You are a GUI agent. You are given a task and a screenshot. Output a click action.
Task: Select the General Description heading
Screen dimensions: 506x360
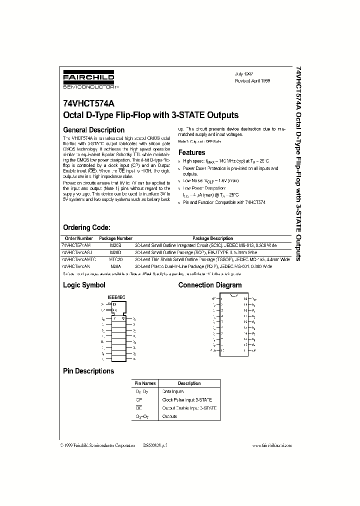[x=93, y=130]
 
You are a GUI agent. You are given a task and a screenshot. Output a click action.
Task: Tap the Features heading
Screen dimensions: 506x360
[x=192, y=152]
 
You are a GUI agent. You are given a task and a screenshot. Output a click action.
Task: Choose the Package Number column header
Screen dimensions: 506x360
[x=115, y=238]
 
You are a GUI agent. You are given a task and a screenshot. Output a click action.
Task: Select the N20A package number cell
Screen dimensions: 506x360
[x=115, y=267]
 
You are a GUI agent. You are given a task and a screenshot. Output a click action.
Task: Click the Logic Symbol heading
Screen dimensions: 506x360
[x=84, y=285]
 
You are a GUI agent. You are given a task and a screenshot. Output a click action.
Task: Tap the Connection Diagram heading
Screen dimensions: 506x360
[x=210, y=285]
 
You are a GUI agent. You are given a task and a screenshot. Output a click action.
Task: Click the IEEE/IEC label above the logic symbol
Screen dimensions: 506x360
[x=117, y=297]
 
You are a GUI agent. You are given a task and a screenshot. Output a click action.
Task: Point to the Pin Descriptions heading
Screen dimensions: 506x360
[x=88, y=371]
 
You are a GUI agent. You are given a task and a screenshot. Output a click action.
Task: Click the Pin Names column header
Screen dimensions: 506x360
[x=145, y=383]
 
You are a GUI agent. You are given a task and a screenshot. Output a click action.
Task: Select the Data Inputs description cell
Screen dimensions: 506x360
[x=173, y=392]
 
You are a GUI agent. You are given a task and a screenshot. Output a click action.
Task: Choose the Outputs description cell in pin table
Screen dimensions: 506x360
[x=169, y=416]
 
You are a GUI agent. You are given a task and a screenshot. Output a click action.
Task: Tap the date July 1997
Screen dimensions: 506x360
[x=245, y=73]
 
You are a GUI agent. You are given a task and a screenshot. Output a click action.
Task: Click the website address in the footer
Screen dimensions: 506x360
[x=272, y=444]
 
